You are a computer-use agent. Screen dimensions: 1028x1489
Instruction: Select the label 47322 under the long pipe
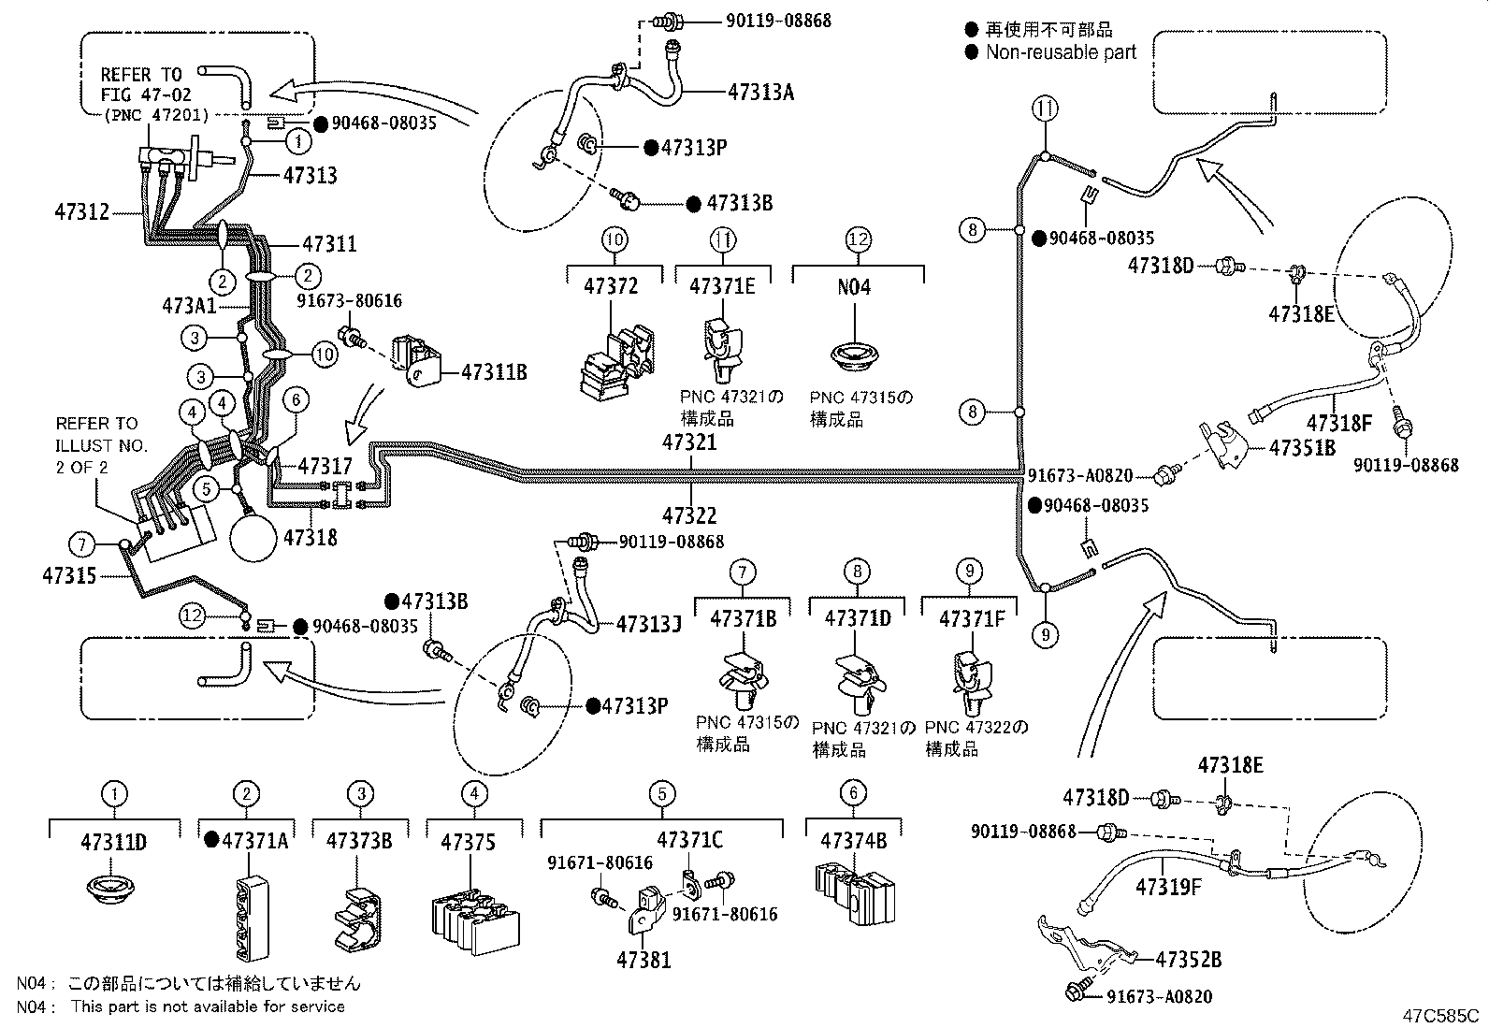[x=689, y=515]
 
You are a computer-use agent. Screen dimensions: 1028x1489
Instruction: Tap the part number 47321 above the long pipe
[x=689, y=442]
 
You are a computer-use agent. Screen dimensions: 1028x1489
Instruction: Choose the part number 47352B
[x=1188, y=960]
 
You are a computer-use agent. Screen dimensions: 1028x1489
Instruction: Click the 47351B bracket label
[x=1302, y=447]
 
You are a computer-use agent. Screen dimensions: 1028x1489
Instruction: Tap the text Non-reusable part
[x=1061, y=52]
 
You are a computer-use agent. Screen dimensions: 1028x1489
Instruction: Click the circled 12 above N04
[x=858, y=239]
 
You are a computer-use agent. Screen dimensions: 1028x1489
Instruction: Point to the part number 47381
[x=643, y=960]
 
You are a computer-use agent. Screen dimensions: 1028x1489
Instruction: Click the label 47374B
[x=853, y=841]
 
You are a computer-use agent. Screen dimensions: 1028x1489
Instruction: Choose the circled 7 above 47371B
[x=742, y=571]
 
